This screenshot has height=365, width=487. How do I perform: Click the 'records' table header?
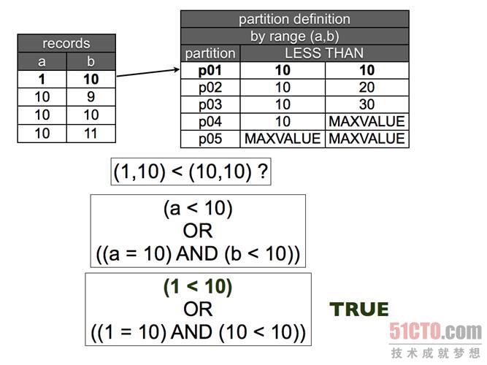[x=66, y=43]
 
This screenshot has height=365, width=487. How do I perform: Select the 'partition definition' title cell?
[x=294, y=19]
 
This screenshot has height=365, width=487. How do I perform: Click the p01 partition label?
[x=210, y=71]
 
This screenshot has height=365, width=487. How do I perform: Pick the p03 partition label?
[x=210, y=104]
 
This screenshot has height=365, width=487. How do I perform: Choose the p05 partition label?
[x=210, y=139]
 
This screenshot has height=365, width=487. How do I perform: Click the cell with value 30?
[x=367, y=104]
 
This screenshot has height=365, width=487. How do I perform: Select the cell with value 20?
[x=367, y=88]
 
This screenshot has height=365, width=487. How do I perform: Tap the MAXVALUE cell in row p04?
[x=367, y=122]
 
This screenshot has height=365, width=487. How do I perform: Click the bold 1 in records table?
[x=42, y=78]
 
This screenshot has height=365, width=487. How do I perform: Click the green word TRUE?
[x=359, y=310]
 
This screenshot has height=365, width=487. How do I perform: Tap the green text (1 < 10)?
[x=198, y=287]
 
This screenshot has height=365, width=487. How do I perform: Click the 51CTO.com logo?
[x=434, y=334]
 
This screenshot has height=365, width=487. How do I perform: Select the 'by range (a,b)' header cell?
[x=294, y=36]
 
